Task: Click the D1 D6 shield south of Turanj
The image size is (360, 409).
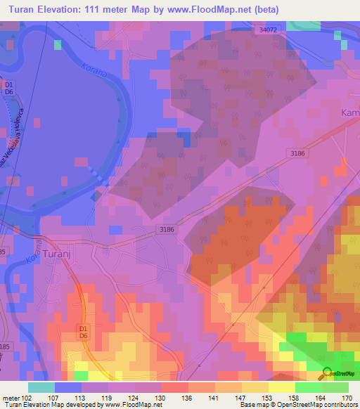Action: (x=83, y=332)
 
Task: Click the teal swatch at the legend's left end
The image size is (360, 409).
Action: (x=41, y=387)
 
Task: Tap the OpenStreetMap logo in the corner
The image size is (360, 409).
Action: (x=336, y=374)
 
